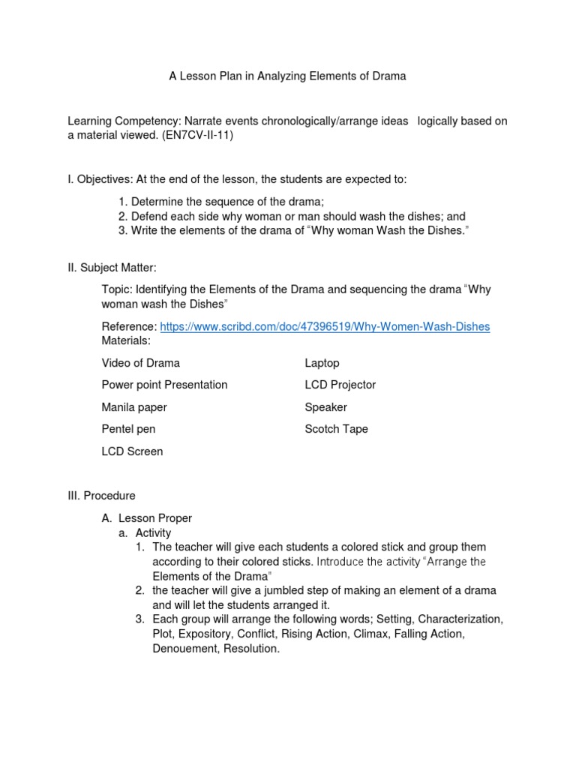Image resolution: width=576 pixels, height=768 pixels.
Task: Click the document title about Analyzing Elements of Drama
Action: point(288,76)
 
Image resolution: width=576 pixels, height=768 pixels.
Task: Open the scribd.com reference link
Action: point(325,327)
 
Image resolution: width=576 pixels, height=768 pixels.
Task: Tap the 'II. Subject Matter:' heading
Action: point(112,268)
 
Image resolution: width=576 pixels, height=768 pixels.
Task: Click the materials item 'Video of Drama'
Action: point(141,363)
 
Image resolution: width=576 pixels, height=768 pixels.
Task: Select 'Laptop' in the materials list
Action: point(322,363)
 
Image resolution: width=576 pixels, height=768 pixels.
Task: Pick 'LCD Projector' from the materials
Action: point(340,385)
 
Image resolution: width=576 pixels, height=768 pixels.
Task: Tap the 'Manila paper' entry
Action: point(134,407)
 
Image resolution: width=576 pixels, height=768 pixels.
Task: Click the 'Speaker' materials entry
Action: point(325,407)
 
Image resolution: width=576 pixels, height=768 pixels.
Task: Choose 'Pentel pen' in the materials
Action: point(128,429)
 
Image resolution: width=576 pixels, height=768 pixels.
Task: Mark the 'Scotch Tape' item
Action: point(336,429)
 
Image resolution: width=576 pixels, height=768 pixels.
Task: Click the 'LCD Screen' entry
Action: point(132,451)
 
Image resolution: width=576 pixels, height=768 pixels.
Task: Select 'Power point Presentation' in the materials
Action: point(164,385)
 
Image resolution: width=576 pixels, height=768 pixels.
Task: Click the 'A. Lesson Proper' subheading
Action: point(147,517)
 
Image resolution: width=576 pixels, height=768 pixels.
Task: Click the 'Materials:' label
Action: point(126,340)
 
